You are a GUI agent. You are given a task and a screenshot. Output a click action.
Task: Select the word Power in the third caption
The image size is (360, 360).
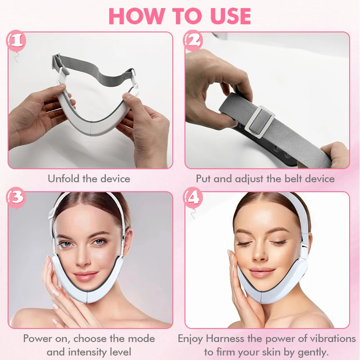[x=38, y=338]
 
